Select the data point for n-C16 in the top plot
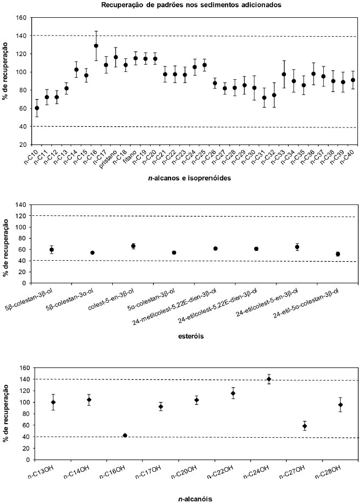96,46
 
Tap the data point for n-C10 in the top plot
37,108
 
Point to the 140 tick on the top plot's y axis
22,36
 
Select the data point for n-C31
264,98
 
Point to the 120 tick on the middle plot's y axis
22,216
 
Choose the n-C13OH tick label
42,472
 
